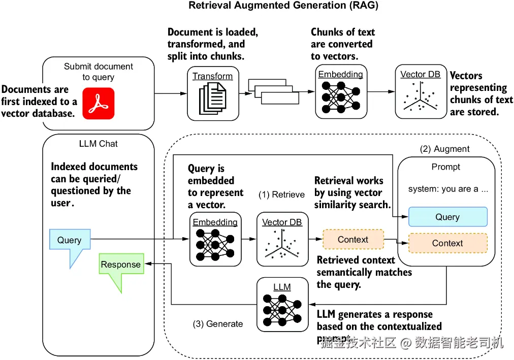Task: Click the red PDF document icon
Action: (99, 104)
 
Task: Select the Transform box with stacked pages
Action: (212, 93)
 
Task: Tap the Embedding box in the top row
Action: (340, 92)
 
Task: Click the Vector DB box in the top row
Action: (420, 92)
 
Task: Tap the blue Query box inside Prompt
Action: (447, 217)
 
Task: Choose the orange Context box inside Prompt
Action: (447, 243)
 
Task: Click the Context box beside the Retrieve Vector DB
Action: (353, 240)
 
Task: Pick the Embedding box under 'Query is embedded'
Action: (215, 240)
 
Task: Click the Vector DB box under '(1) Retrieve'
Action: (282, 240)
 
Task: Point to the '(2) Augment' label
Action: (445, 149)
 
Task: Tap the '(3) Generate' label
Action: (217, 324)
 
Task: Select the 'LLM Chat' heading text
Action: (98, 144)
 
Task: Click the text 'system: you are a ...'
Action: (448, 189)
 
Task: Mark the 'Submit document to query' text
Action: (98, 72)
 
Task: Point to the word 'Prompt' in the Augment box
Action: (445, 167)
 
